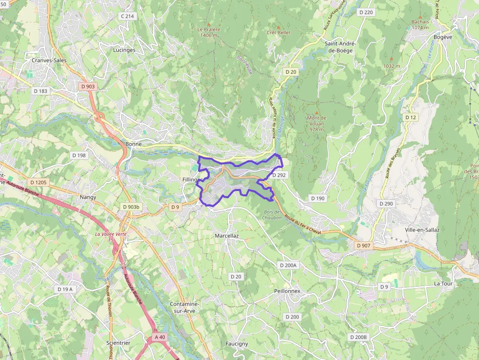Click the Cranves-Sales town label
pyautogui.click(x=48, y=60)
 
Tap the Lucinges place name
pyautogui.click(x=124, y=50)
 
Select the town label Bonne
pyautogui.click(x=133, y=144)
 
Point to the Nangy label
pyautogui.click(x=88, y=197)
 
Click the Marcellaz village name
pyautogui.click(x=227, y=235)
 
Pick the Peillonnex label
pyautogui.click(x=287, y=291)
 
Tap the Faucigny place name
pyautogui.click(x=237, y=343)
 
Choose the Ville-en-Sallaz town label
pyautogui.click(x=422, y=230)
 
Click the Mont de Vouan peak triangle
pyautogui.click(x=316, y=112)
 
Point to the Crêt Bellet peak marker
pyautogui.click(x=279, y=26)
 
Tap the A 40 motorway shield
pyautogui.click(x=160, y=337)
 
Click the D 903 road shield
pyautogui.click(x=87, y=86)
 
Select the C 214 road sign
pyautogui.click(x=128, y=16)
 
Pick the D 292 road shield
pyautogui.click(x=279, y=174)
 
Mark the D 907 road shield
pyautogui.click(x=364, y=245)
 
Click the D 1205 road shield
pyautogui.click(x=38, y=182)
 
